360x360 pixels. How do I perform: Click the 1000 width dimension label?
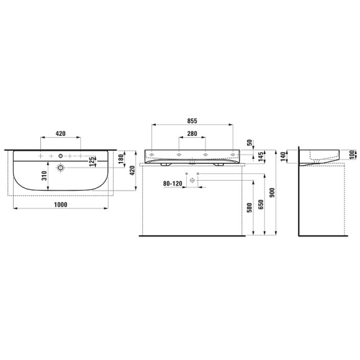click(61, 205)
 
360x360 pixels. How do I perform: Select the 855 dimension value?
click(192, 121)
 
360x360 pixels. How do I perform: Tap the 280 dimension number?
click(192, 133)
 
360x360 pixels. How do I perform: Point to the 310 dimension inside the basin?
click(45, 176)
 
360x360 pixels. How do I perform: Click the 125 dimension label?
click(91, 161)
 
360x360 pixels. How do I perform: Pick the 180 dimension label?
click(121, 159)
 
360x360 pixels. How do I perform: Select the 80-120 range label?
click(173, 184)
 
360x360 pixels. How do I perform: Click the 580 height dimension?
click(250, 207)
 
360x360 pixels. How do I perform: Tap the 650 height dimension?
click(261, 205)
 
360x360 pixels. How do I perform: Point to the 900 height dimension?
click(272, 193)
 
